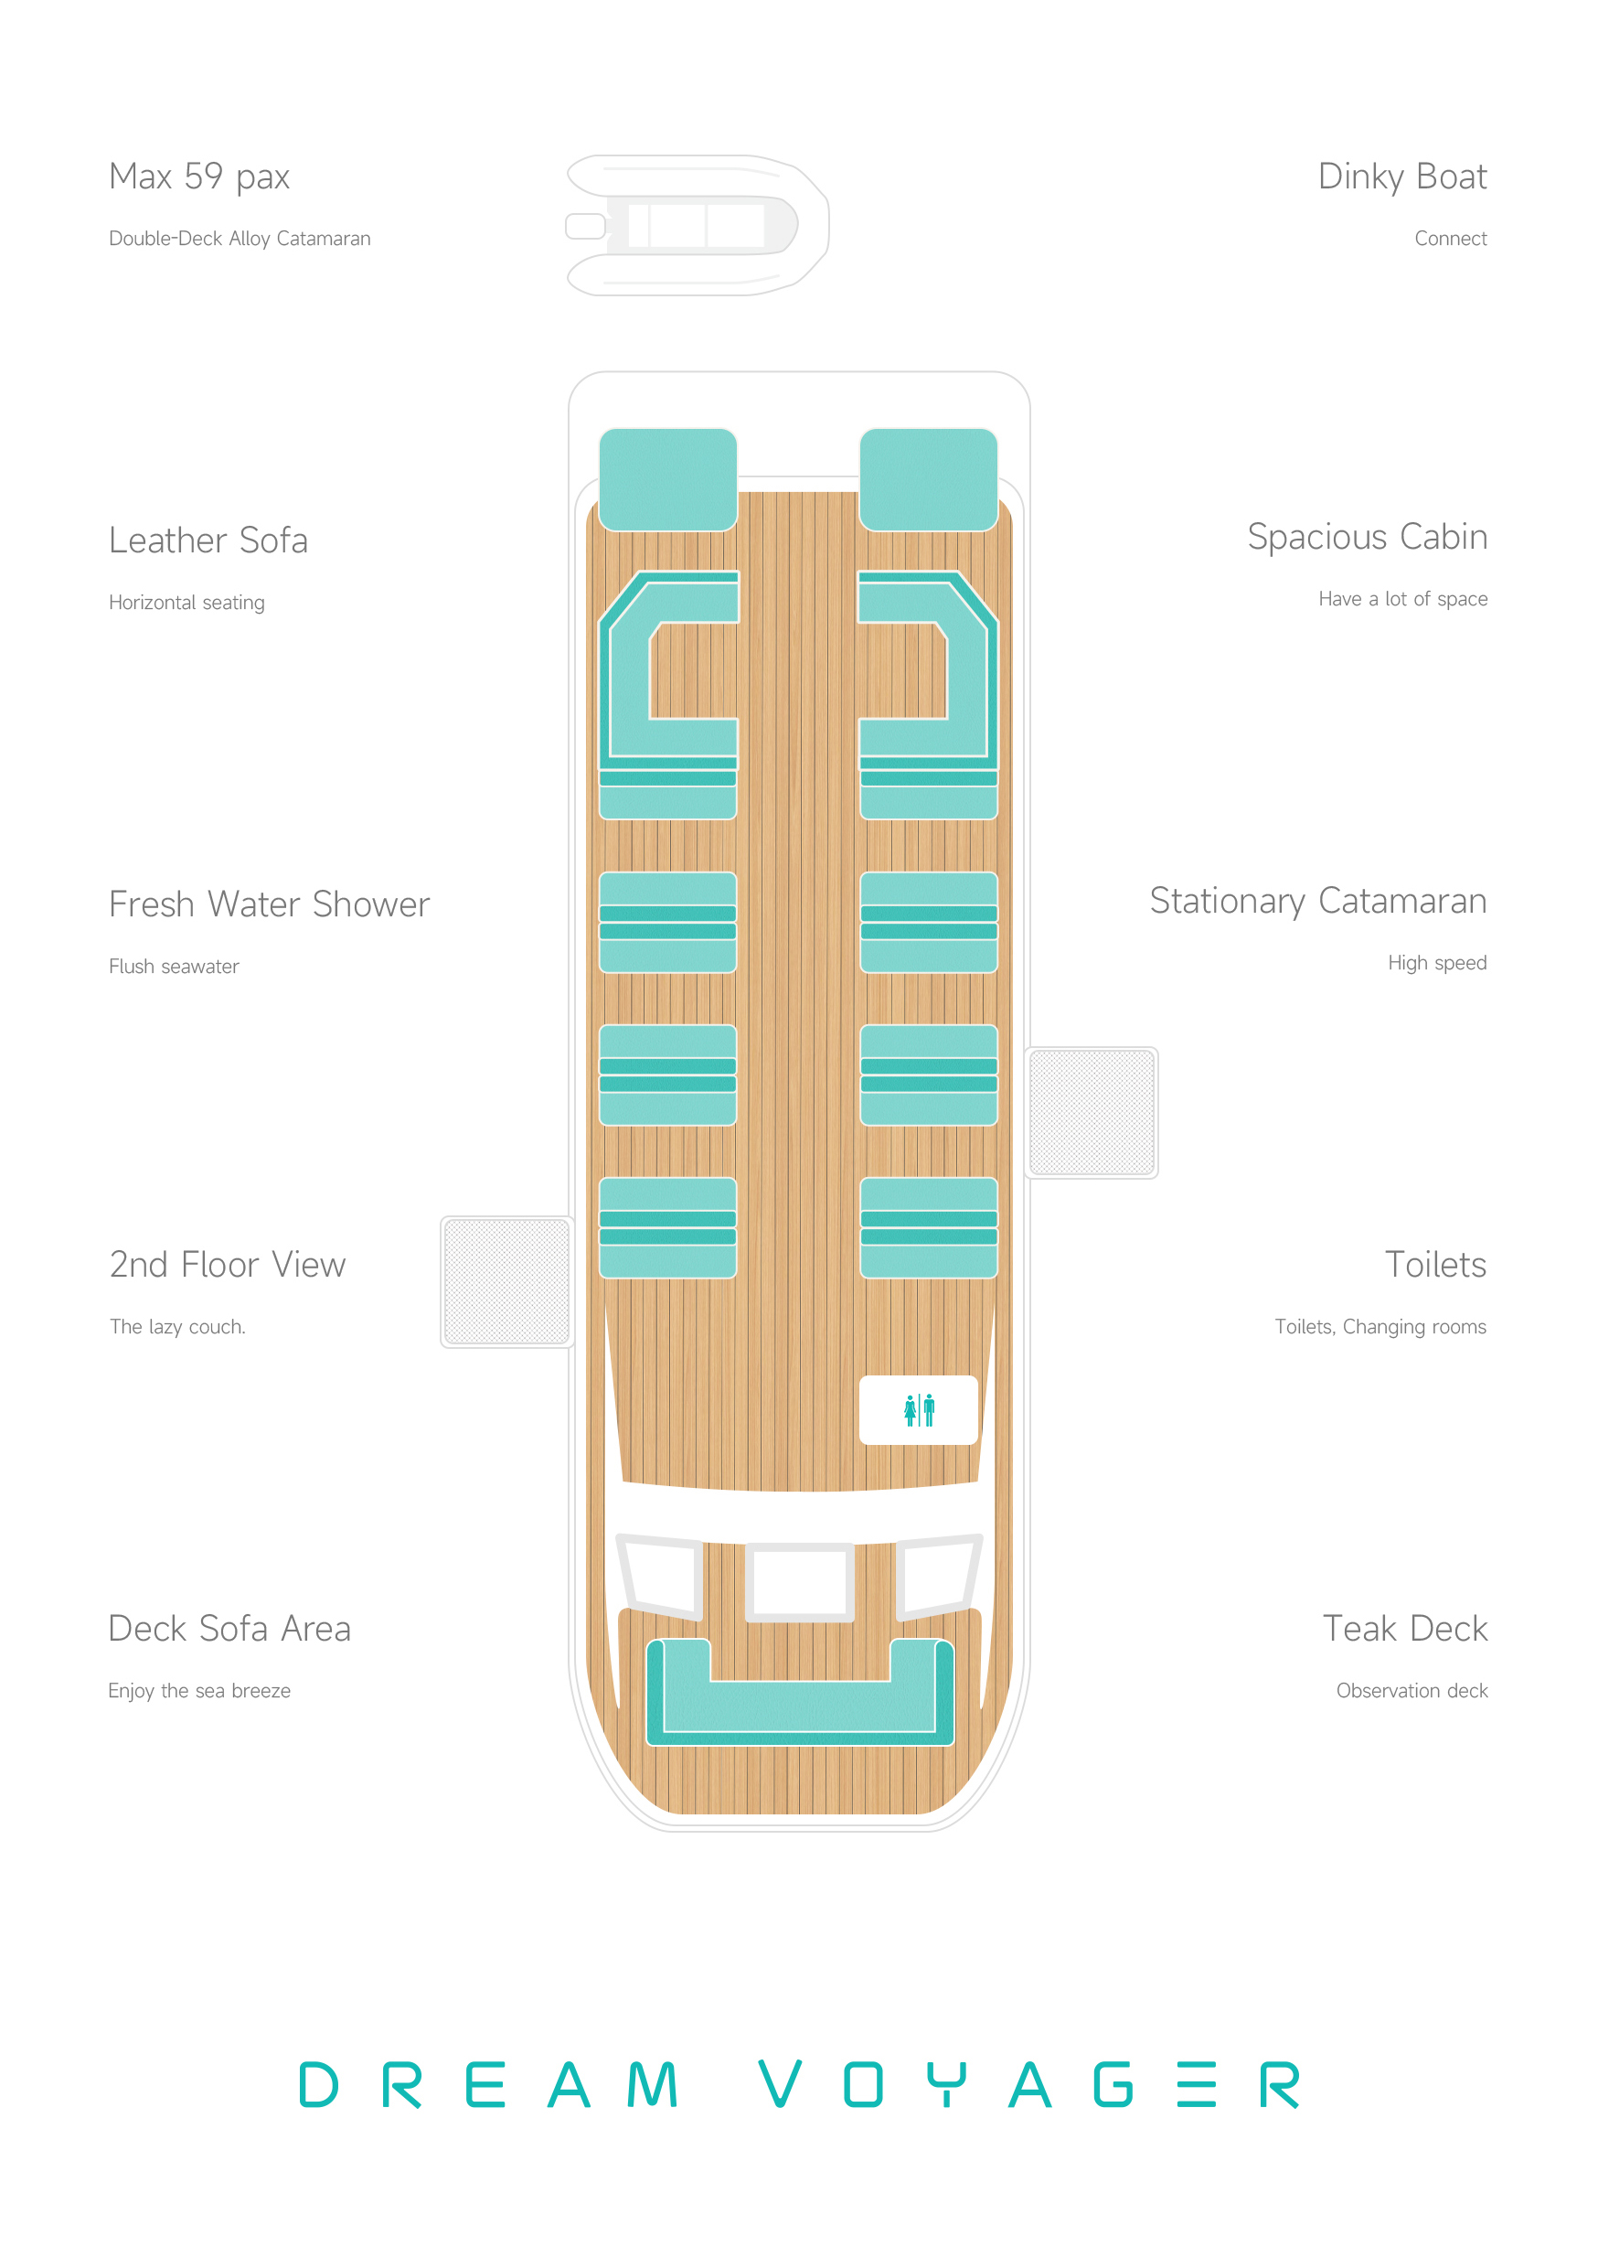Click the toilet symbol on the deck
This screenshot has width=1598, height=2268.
pyautogui.click(x=919, y=1409)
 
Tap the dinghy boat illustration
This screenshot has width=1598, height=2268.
pyautogui.click(x=698, y=225)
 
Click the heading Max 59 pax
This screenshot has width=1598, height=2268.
pyautogui.click(x=199, y=177)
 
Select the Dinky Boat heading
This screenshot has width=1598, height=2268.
pyautogui.click(x=1401, y=177)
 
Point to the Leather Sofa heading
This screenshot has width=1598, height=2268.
pyautogui.click(x=208, y=540)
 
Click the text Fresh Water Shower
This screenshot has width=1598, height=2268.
pyautogui.click(x=269, y=904)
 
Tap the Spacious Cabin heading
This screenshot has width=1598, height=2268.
pyautogui.click(x=1367, y=538)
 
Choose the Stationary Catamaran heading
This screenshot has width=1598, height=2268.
pyautogui.click(x=1317, y=901)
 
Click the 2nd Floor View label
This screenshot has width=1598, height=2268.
pyautogui.click(x=227, y=1266)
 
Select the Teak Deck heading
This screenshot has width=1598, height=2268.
pyautogui.click(x=1404, y=1629)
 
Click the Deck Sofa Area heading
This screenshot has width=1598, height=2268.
pyautogui.click(x=229, y=1629)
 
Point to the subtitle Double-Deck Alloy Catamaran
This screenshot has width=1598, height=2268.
pyautogui.click(x=239, y=239)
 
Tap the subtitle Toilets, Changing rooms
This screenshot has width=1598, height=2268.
pyautogui.click(x=1380, y=1327)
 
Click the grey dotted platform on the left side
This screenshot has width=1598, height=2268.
pyautogui.click(x=506, y=1282)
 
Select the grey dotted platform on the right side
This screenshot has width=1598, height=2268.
pyautogui.click(x=1092, y=1112)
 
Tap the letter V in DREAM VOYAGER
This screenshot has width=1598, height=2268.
pyautogui.click(x=779, y=2084)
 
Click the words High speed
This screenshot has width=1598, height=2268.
pyautogui.click(x=1436, y=963)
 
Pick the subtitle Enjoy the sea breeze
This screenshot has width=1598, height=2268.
pyautogui.click(x=199, y=1691)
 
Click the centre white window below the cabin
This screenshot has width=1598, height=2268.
pyautogui.click(x=799, y=1581)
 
